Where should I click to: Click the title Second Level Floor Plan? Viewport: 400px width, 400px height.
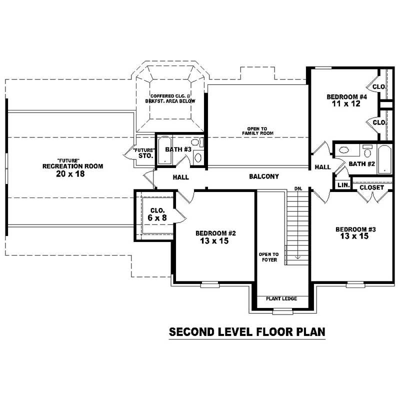point(247,331)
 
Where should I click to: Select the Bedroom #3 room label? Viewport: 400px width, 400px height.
point(355,229)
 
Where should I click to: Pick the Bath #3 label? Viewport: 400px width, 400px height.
point(178,149)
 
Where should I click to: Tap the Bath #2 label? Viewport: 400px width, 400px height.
point(362,163)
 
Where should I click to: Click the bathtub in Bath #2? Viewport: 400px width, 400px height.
point(384,159)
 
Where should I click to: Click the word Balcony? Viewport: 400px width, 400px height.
point(264,176)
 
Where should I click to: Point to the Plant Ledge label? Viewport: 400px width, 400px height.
point(281,298)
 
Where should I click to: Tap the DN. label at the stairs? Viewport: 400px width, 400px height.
point(298,188)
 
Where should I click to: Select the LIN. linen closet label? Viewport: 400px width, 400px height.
point(343,185)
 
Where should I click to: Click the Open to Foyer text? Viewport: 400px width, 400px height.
point(268,257)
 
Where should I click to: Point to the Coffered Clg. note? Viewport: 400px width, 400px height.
point(170,98)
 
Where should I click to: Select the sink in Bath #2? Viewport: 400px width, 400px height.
point(344,149)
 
